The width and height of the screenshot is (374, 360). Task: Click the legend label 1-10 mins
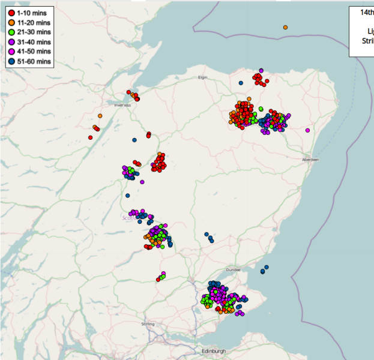34,13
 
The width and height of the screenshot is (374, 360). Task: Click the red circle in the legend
11,13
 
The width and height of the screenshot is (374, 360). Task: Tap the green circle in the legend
11,32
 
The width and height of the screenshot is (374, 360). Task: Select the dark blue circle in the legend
11,62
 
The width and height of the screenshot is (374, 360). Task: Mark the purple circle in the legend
11,42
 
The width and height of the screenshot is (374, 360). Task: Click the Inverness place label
122,105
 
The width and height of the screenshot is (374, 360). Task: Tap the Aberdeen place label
310,160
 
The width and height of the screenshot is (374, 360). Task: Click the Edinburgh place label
214,351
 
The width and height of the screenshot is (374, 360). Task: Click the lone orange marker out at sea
285,27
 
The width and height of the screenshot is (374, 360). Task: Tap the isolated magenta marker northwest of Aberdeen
307,130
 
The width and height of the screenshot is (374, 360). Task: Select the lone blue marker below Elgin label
240,83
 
